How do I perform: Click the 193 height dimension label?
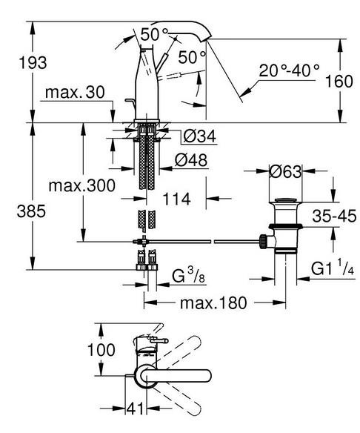coord(33,63)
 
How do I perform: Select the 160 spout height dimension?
coord(339,82)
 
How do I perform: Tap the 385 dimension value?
coord(31,212)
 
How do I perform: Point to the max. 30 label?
coord(75,92)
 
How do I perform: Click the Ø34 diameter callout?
coord(200,136)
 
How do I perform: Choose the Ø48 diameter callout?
coord(191,160)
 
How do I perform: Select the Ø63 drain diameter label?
coord(285,172)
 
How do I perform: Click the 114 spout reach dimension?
coord(176,199)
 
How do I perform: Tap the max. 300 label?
coord(82,185)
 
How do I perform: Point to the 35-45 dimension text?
coord(334,216)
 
